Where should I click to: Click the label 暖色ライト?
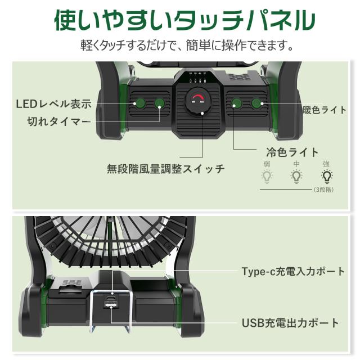point(325,110)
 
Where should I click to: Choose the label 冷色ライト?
point(292,152)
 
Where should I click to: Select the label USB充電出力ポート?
point(290,323)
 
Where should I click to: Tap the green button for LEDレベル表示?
point(139,103)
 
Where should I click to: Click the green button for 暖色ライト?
point(258,103)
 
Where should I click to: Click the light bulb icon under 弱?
point(267,177)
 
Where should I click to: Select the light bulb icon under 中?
point(296,177)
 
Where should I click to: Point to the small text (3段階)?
point(325,190)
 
